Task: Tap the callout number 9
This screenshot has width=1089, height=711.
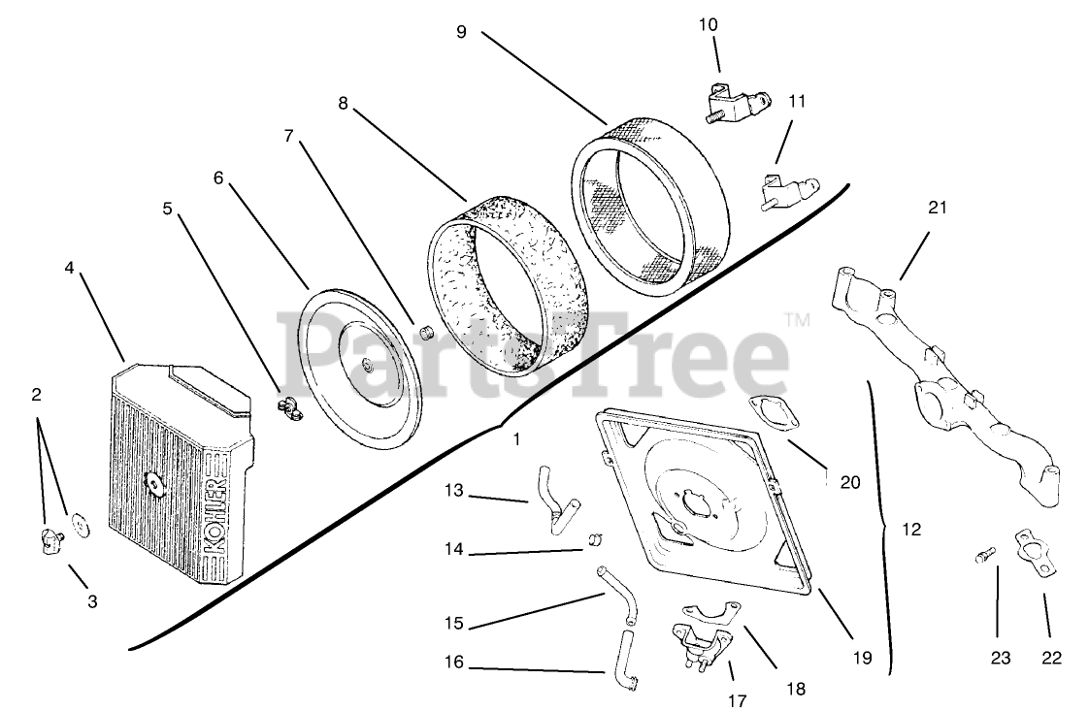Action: pos(461,32)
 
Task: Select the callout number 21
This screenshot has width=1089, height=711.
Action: pos(937,208)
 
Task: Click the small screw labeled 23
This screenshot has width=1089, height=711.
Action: pos(984,557)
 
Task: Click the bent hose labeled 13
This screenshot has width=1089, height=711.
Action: pos(550,497)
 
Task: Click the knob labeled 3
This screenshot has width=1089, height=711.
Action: pos(50,542)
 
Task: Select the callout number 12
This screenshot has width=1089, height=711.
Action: pos(910,530)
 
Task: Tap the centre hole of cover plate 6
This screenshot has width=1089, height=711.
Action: pos(368,365)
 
